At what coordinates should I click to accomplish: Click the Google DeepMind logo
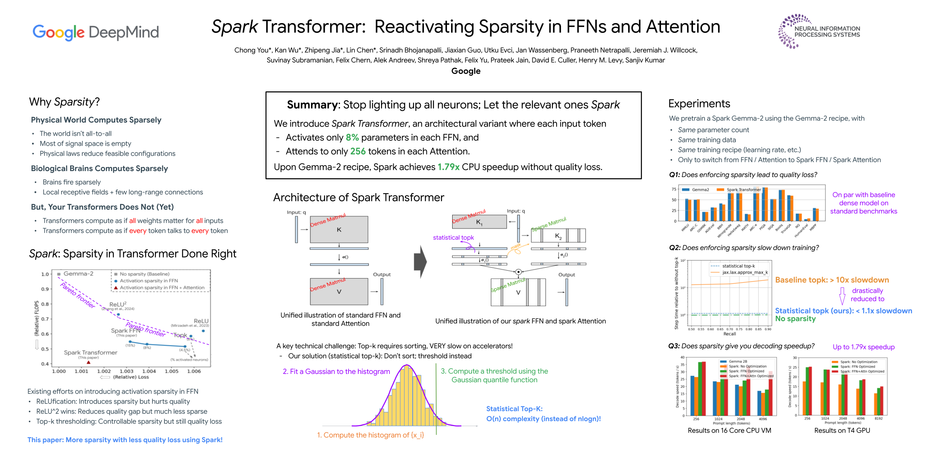95,32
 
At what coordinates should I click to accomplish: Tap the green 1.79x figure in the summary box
448,167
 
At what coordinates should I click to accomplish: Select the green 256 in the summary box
358,151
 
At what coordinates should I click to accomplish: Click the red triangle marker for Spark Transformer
88,362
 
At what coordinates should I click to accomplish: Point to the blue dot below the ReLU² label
118,315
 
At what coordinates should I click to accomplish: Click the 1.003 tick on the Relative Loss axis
126,371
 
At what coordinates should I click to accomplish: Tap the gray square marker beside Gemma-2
59,274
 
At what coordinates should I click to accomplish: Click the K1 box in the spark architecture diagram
479,222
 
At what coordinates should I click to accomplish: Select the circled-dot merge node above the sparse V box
518,272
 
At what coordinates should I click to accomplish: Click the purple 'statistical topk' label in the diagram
453,237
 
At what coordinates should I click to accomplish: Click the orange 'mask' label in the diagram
516,246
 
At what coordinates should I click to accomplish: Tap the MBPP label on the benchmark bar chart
813,226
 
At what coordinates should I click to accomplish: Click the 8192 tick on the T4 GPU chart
879,419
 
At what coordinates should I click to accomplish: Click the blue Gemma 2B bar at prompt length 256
692,395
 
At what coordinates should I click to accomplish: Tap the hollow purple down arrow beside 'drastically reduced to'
842,296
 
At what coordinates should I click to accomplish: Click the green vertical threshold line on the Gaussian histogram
436,399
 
